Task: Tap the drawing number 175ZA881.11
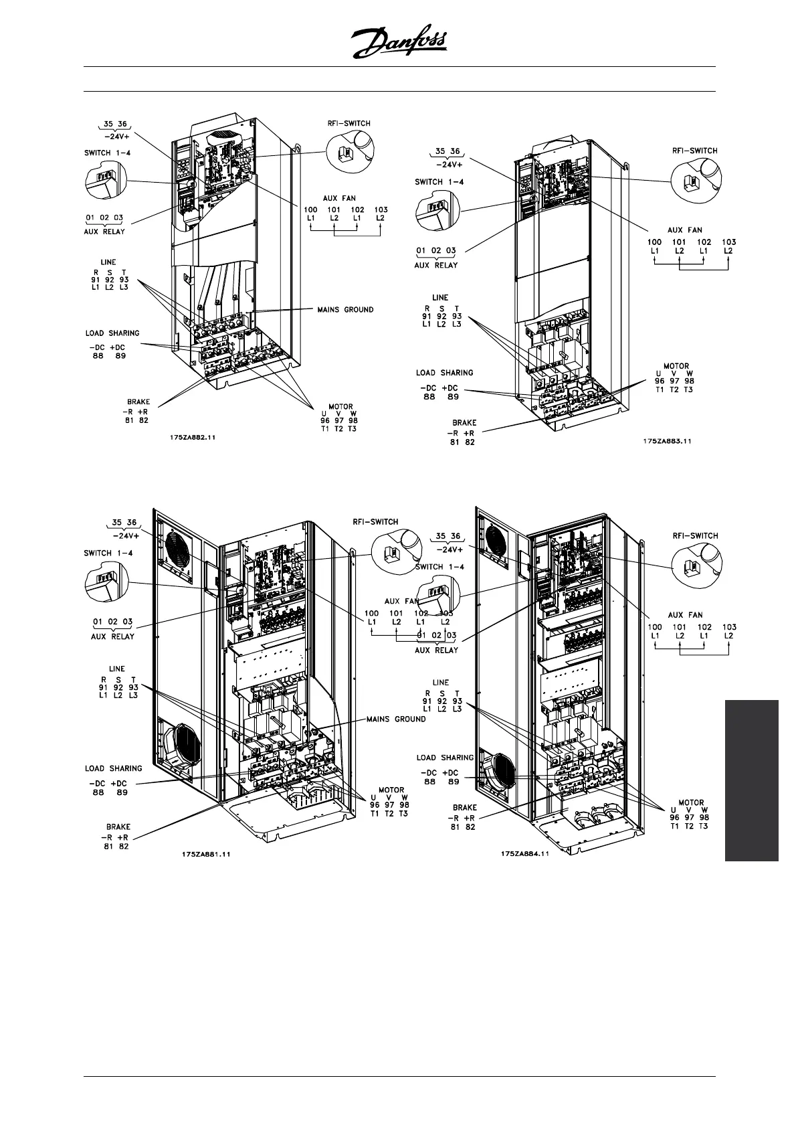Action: (206, 854)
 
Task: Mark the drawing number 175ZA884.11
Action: (525, 853)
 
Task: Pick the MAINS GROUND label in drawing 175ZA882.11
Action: (345, 310)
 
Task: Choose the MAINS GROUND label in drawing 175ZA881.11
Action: (396, 719)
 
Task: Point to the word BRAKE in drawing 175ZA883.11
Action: (464, 422)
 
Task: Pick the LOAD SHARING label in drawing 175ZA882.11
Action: (112, 333)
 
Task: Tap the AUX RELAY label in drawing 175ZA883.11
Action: (436, 265)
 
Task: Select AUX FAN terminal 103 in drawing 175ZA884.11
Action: (728, 627)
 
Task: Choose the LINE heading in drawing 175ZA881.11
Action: (116, 669)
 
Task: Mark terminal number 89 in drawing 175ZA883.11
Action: (453, 396)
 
